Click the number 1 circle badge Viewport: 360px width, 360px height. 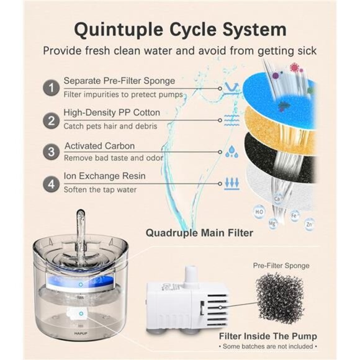coord(51,88)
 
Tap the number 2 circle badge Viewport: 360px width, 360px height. coord(51,120)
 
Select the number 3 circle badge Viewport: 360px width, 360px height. coord(51,152)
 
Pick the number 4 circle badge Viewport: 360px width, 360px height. coord(51,184)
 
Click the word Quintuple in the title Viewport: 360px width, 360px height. coord(119,30)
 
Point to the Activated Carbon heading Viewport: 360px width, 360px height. coord(100,146)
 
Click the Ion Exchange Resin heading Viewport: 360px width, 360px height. coord(104,176)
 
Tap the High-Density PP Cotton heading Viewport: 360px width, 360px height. coord(112,112)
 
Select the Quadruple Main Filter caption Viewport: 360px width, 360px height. coord(199,233)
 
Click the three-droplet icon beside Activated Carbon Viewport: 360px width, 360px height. coord(232,151)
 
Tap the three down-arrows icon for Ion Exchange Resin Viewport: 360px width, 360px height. coord(232,184)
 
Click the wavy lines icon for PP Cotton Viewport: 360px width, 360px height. coord(232,120)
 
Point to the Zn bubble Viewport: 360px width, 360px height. coord(309,224)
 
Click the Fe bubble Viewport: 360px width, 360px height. coord(294,215)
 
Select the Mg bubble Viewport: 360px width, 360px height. coord(272,223)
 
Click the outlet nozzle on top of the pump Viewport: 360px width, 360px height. coord(191,274)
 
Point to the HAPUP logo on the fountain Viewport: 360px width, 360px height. coord(81,333)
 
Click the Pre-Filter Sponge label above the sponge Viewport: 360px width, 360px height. coord(281,266)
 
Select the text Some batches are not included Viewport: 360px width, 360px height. coord(268,346)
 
